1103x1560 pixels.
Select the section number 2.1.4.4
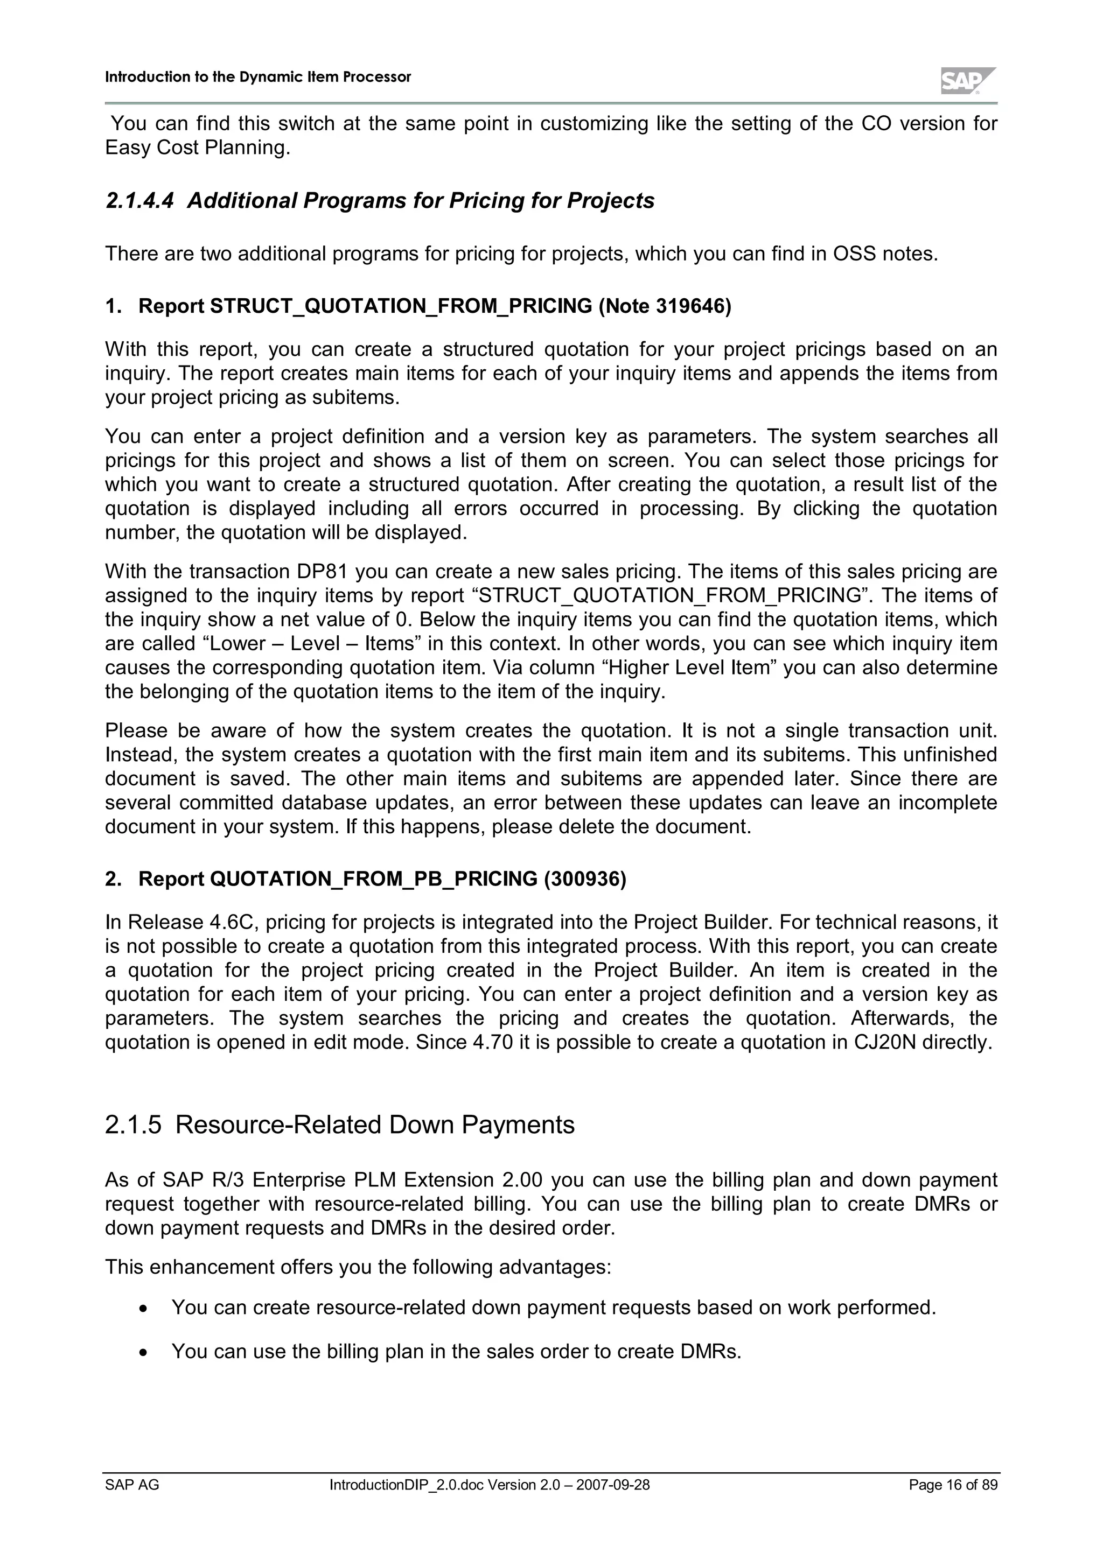[x=139, y=201]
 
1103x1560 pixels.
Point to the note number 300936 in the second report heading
[x=585, y=879]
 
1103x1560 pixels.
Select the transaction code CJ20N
[x=885, y=1042]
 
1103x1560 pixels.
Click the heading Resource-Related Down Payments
[x=374, y=1125]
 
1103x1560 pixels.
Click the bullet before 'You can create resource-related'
[x=143, y=1309]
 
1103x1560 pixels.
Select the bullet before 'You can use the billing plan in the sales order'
[x=143, y=1352]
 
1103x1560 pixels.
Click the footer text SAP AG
[x=132, y=1485]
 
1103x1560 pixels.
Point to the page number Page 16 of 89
[x=953, y=1485]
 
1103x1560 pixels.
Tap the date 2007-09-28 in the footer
[x=613, y=1485]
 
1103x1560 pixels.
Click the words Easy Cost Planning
[x=197, y=147]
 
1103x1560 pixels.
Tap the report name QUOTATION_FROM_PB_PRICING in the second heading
[x=374, y=879]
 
